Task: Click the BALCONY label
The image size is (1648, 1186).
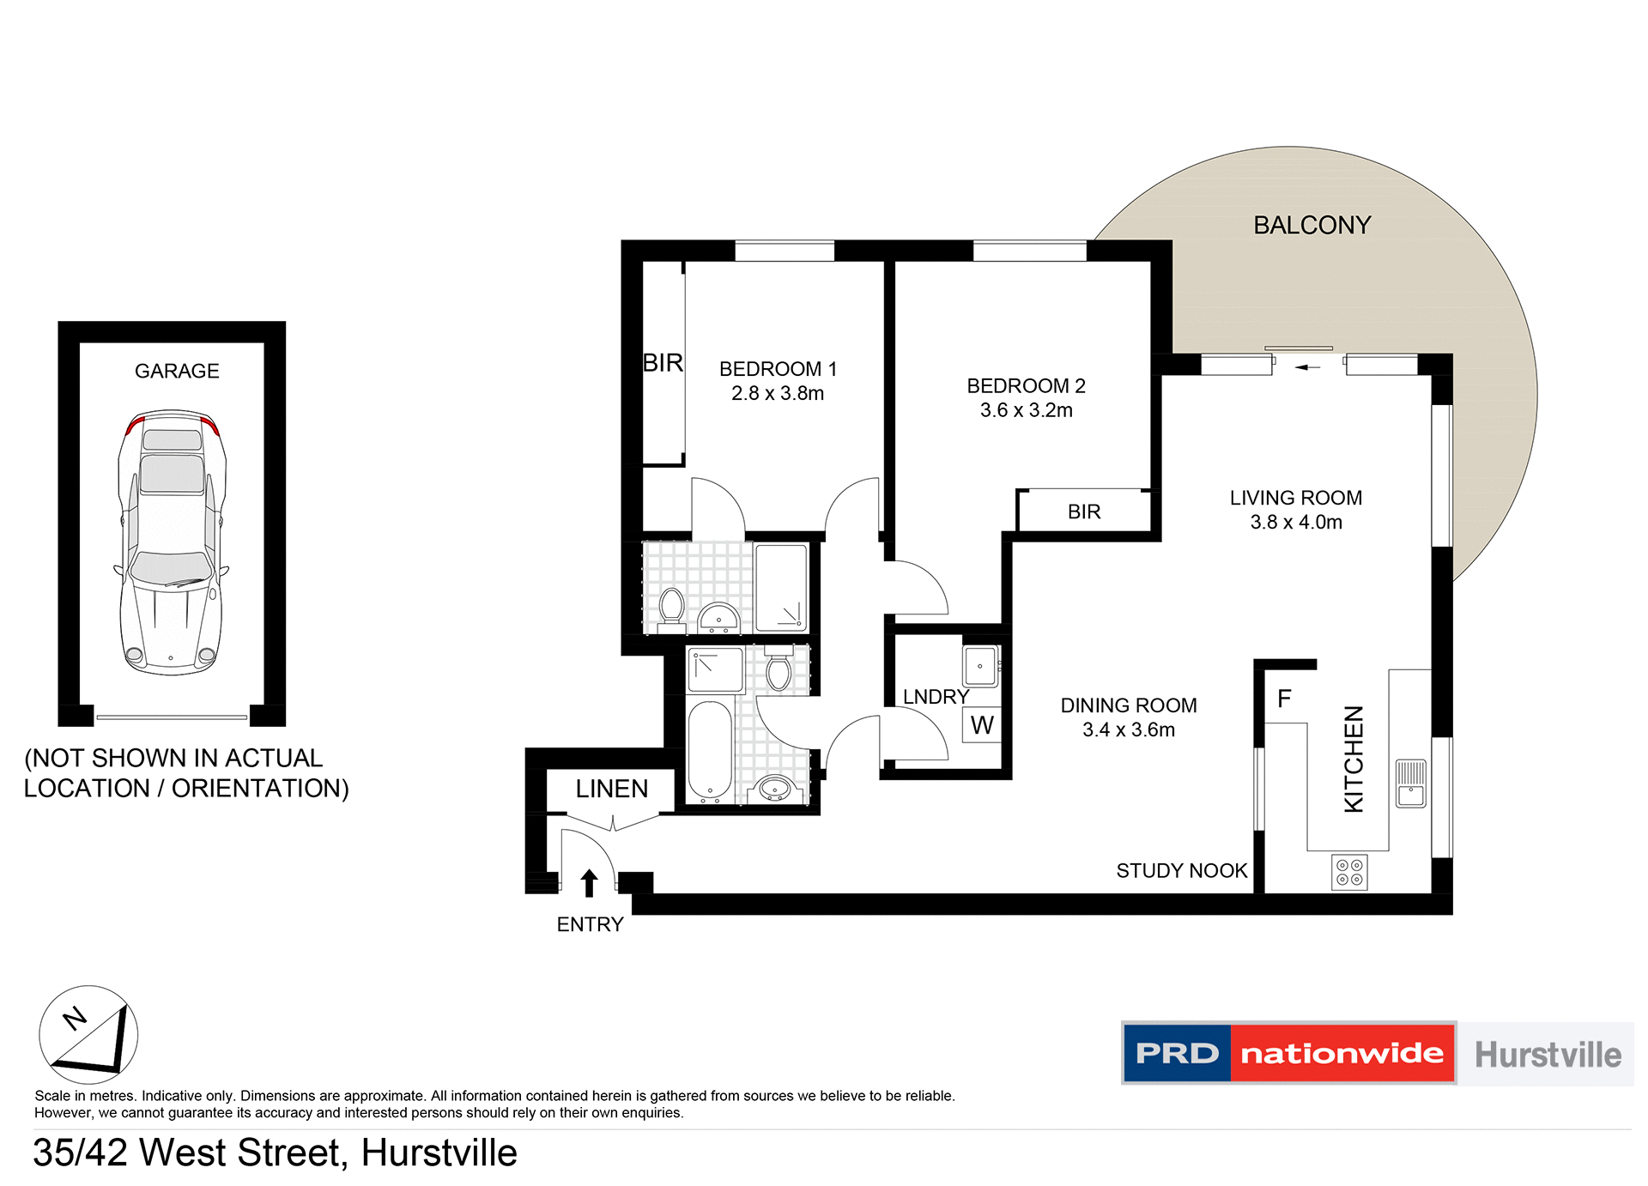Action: coord(1312,225)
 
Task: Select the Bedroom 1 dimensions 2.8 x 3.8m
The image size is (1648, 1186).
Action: coord(777,393)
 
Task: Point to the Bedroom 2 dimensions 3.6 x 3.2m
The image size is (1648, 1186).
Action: coord(1026,410)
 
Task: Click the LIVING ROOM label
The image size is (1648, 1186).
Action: coord(1295,498)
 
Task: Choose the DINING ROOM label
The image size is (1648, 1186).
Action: coord(1128,705)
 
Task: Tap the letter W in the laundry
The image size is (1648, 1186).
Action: coord(982,725)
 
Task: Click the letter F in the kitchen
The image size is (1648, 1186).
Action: coord(1284,699)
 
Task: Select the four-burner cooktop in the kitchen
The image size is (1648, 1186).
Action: coord(1349,873)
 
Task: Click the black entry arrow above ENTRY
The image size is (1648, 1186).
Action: coord(589,883)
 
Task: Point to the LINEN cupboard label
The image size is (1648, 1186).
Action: coord(611,789)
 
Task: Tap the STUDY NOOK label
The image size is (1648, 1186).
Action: coord(1181,871)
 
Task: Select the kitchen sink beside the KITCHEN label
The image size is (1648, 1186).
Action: coord(1410,783)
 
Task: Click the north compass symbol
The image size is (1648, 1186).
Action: coord(88,1034)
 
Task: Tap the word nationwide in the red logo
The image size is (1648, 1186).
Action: coord(1342,1053)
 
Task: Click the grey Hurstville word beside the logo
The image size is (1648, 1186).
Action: coord(1547,1055)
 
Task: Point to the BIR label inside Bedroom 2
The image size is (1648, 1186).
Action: coord(1083,511)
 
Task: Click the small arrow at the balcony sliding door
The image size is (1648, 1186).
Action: coord(1306,367)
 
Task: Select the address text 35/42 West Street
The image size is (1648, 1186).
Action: coord(190,1153)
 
